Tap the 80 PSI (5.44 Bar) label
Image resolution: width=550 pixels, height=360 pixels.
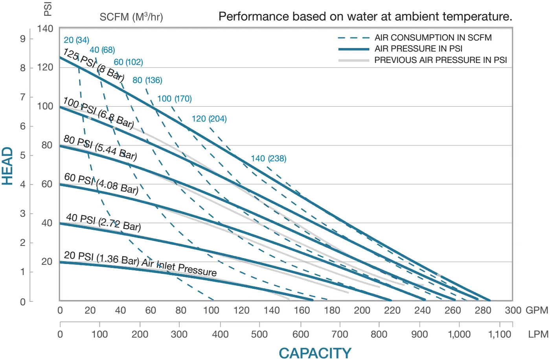pos(100,148)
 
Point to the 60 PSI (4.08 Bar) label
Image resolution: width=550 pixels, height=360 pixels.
pos(101,184)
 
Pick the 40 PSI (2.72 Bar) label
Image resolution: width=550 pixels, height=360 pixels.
pos(103,222)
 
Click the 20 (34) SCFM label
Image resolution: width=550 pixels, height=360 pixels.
pos(76,40)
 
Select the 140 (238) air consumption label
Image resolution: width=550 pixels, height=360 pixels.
pos(269,159)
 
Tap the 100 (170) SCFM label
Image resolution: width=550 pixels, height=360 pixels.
pos(175,99)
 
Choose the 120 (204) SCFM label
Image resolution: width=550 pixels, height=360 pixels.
pos(209,119)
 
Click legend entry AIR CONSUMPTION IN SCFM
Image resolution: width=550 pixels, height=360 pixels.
pos(433,38)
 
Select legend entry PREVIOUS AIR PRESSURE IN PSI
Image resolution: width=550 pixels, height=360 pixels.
pos(440,60)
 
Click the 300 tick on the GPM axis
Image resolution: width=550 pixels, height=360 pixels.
pos(513,310)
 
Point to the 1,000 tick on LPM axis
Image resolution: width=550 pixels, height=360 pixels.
pos(459,334)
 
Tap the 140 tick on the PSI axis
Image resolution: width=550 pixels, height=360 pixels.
pos(45,29)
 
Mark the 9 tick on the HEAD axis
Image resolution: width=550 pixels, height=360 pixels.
pos(23,39)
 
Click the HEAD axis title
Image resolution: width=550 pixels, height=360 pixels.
pos(8,166)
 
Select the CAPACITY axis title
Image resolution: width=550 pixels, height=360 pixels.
pos(315,353)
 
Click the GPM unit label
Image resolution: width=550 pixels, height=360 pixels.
pos(537,310)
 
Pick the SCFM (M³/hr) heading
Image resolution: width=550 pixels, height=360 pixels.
pos(131,17)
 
